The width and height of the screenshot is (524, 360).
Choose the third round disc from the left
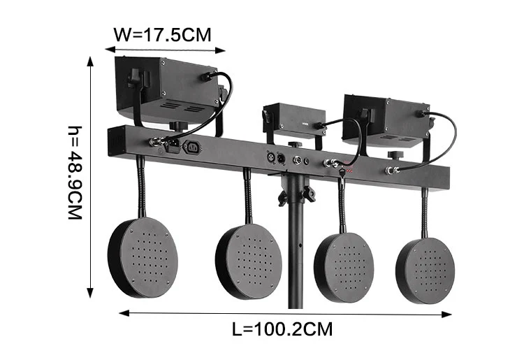pos(344,264)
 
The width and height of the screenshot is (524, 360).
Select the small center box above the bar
pos(294,120)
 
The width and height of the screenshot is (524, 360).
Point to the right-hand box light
pos(385,120)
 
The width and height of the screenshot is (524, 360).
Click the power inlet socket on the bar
pos(194,147)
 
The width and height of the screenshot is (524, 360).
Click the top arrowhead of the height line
pos(90,60)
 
